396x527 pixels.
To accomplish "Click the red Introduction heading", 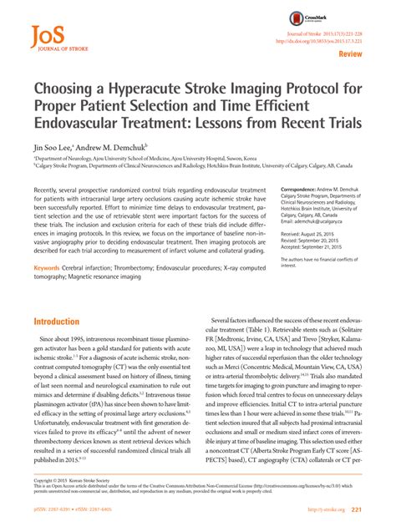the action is pos(56,321).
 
